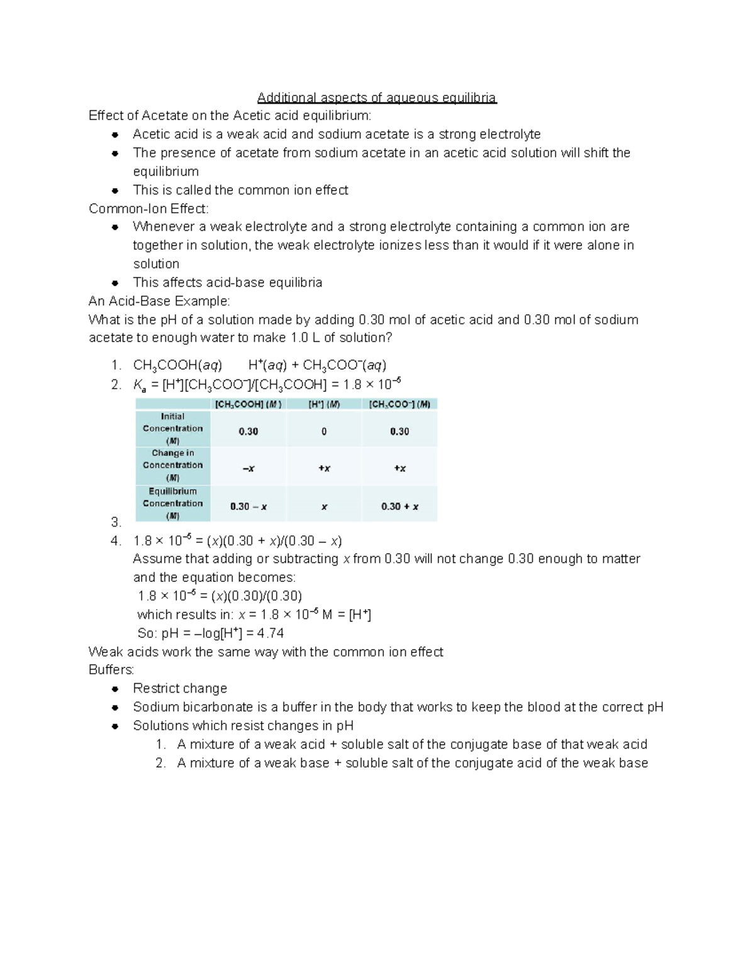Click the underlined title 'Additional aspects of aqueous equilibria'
pos(376,98)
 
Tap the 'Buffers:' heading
pos(111,670)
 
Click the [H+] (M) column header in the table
pos(324,405)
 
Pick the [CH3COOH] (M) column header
pos(248,405)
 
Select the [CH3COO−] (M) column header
pos(400,405)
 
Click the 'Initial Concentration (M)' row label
pos(172,428)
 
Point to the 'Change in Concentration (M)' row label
pos(172,465)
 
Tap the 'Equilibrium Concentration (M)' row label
pos(172,503)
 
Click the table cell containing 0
pos(324,432)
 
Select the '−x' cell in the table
pos(248,469)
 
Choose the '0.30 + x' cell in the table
pos(400,506)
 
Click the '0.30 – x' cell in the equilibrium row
pos(248,506)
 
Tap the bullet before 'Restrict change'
pos(115,689)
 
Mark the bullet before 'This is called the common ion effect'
pos(115,191)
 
